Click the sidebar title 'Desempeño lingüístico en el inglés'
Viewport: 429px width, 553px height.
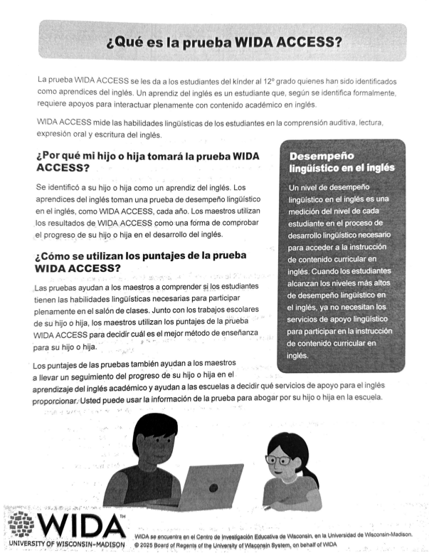point(341,162)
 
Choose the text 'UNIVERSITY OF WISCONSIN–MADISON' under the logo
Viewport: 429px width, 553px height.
point(64,544)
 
